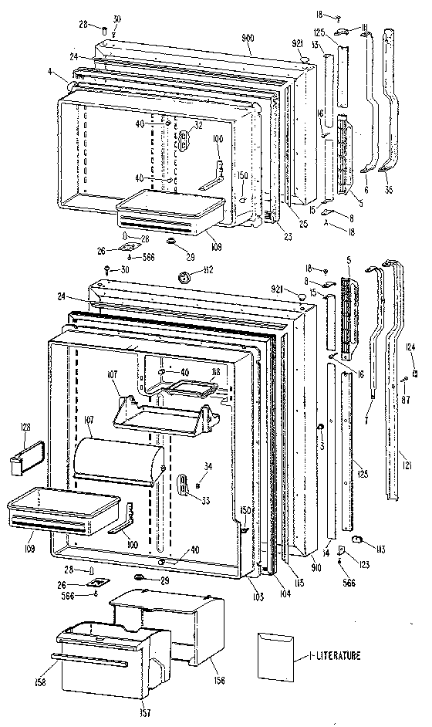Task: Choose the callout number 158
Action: pyautogui.click(x=38, y=681)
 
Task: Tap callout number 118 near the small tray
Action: pyautogui.click(x=214, y=373)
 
